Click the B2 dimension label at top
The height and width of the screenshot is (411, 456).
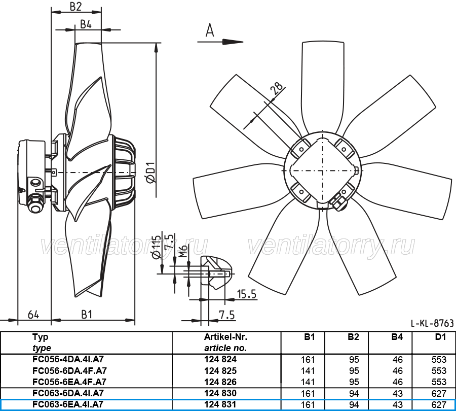[75, 7]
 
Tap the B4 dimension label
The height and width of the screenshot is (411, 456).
[86, 24]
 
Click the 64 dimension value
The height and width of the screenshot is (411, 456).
[33, 315]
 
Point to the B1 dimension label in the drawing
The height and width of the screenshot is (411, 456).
[86, 315]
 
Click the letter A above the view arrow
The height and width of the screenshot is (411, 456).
[210, 30]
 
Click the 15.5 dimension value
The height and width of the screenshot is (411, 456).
[247, 294]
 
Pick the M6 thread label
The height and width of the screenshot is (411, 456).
[182, 252]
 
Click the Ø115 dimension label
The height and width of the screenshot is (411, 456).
[156, 247]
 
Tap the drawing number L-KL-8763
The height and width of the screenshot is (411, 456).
[432, 323]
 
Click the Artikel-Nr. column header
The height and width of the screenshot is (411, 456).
[225, 337]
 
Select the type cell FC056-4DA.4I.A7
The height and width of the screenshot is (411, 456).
[68, 359]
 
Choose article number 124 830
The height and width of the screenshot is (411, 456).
[220, 393]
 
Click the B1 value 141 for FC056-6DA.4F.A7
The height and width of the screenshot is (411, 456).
[308, 371]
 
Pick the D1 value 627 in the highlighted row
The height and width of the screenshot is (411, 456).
[439, 404]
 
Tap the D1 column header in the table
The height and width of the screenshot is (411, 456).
[440, 337]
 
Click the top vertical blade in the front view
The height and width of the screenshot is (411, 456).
[323, 87]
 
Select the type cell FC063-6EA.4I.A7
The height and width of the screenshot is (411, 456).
[68, 404]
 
